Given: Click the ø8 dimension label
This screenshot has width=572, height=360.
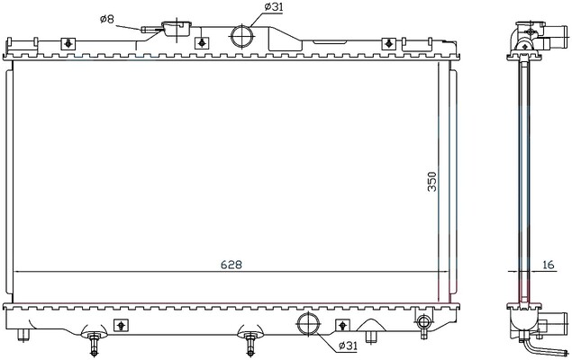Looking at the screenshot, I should [105, 18].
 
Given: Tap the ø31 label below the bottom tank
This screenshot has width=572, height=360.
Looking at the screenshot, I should [349, 346].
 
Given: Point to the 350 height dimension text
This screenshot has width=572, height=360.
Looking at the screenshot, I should [434, 181].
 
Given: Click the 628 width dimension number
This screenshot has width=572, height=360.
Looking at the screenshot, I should [231, 265].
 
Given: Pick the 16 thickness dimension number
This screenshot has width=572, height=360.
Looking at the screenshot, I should [549, 265].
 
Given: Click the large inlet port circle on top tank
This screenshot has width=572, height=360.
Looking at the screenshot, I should [242, 36].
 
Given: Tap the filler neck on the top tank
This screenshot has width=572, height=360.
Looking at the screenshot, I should [175, 29].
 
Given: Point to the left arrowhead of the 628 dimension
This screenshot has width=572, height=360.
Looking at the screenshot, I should [21, 273].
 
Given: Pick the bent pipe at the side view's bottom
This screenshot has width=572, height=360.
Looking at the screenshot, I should [549, 345].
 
